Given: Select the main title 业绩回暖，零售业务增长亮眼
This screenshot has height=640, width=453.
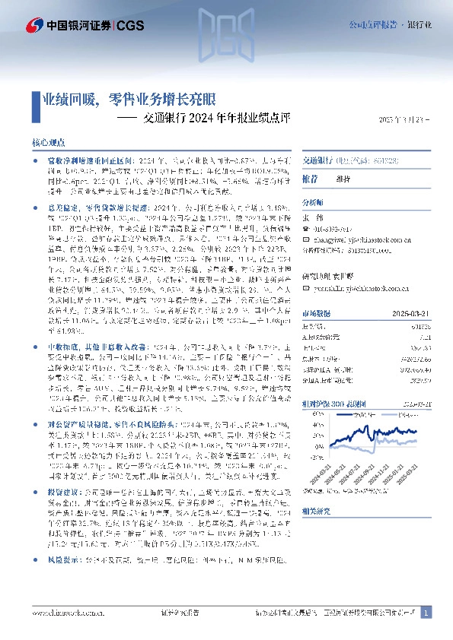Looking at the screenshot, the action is point(129,99).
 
